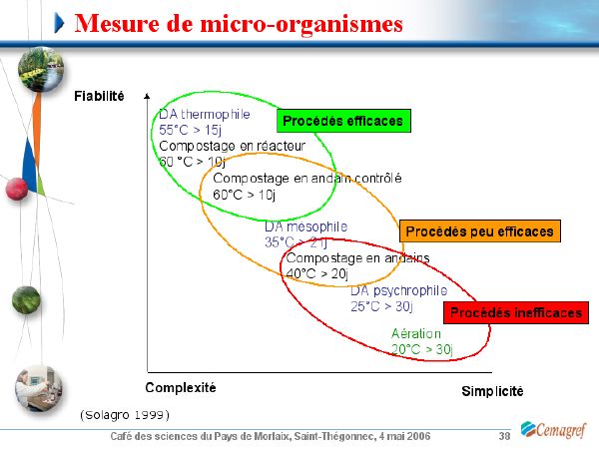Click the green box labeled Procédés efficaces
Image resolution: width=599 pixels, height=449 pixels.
point(343,121)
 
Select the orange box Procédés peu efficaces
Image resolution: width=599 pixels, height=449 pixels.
point(480,231)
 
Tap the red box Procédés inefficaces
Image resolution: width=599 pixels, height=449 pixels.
point(516,312)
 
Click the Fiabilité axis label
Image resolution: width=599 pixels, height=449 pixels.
point(99,96)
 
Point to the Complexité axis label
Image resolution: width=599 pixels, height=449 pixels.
point(181,388)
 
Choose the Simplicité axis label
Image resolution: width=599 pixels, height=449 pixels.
point(492,391)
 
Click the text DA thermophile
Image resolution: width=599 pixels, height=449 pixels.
point(205,114)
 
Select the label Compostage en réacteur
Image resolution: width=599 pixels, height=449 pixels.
point(233,146)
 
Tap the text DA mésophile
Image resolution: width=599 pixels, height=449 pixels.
point(306,226)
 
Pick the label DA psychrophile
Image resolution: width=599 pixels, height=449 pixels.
point(398,290)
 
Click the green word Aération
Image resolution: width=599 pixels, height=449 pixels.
point(416,333)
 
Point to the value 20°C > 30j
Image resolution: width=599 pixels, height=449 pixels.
point(421,349)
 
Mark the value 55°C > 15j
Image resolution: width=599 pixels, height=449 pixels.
point(190,130)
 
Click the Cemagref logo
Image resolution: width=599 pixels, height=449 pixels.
point(553,430)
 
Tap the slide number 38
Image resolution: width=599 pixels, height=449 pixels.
point(504,436)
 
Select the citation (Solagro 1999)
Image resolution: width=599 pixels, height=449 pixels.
point(125,415)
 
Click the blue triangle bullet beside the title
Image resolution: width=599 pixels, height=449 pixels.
point(59,23)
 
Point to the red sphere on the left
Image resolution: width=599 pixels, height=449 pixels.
point(17,189)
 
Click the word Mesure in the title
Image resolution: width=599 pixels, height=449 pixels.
point(117,24)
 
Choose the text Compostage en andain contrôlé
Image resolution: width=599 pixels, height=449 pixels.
point(307,179)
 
